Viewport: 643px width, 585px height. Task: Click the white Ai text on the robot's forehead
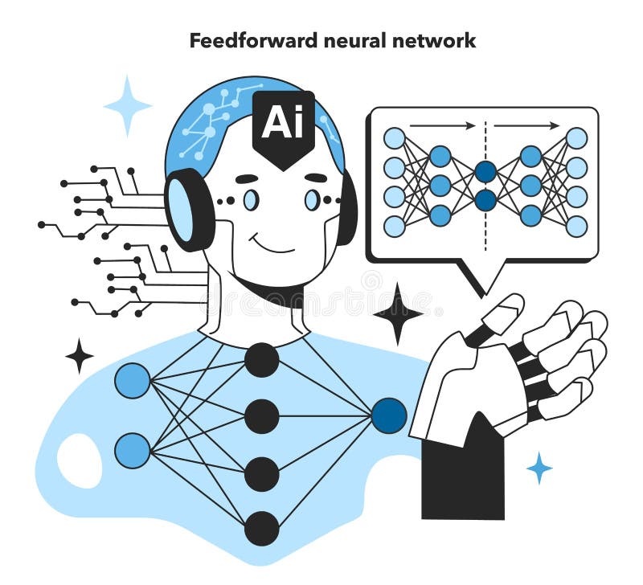tap(284, 122)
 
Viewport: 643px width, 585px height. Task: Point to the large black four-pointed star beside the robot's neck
tap(397, 314)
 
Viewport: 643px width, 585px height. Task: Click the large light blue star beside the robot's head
tap(128, 106)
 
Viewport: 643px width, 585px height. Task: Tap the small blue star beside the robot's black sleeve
tap(539, 468)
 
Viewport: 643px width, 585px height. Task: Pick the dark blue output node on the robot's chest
tap(389, 415)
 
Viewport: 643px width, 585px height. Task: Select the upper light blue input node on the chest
tap(133, 380)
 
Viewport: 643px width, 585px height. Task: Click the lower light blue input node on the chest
tap(133, 451)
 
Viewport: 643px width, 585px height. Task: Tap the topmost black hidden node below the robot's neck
tap(262, 360)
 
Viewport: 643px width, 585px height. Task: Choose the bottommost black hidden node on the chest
tap(262, 529)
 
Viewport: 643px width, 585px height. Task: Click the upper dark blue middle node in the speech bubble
tap(486, 171)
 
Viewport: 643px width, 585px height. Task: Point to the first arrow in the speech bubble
tap(443, 126)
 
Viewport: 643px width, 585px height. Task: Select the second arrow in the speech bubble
tap(527, 126)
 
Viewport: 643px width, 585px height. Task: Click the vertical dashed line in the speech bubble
tap(485, 186)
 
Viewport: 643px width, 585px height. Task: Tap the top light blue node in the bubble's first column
tap(395, 137)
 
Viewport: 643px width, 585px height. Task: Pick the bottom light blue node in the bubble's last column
tap(576, 227)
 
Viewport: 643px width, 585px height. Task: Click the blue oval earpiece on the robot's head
tap(180, 210)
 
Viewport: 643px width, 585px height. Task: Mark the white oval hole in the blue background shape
tap(80, 460)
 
